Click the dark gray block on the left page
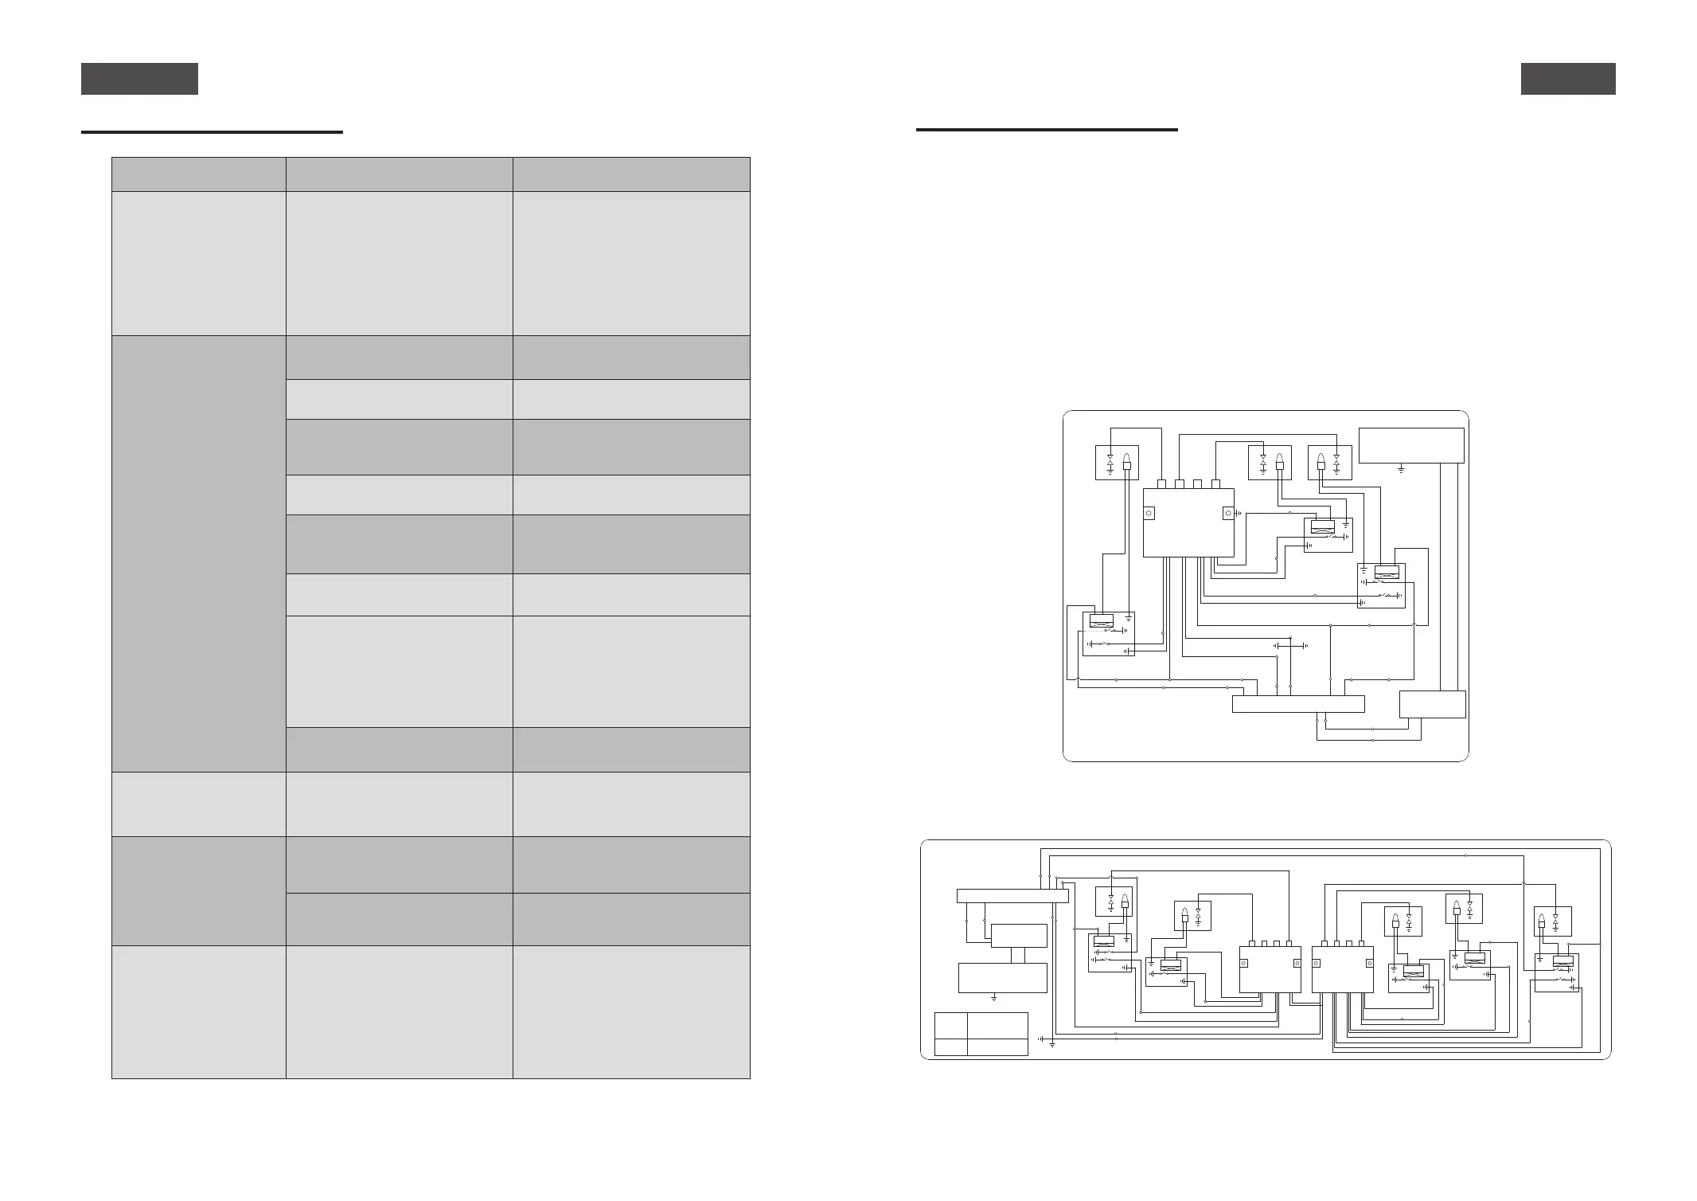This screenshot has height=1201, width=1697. (139, 79)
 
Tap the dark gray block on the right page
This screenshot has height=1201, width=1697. (1567, 79)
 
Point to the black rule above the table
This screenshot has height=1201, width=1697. (212, 131)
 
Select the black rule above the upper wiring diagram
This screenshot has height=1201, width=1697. (1046, 129)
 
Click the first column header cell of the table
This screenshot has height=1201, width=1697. (198, 174)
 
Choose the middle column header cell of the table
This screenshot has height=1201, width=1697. (399, 174)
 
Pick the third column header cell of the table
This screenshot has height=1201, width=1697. (631, 174)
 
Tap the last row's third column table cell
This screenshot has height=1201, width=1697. (631, 1011)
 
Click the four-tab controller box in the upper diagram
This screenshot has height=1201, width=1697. (1188, 522)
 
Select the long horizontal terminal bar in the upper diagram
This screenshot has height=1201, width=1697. (1297, 704)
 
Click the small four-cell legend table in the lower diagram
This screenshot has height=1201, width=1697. (981, 1034)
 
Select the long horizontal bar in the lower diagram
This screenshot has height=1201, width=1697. (1012, 896)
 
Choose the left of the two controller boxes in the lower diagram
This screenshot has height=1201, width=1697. (1270, 969)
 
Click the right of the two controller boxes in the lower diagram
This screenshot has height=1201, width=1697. (1342, 969)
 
